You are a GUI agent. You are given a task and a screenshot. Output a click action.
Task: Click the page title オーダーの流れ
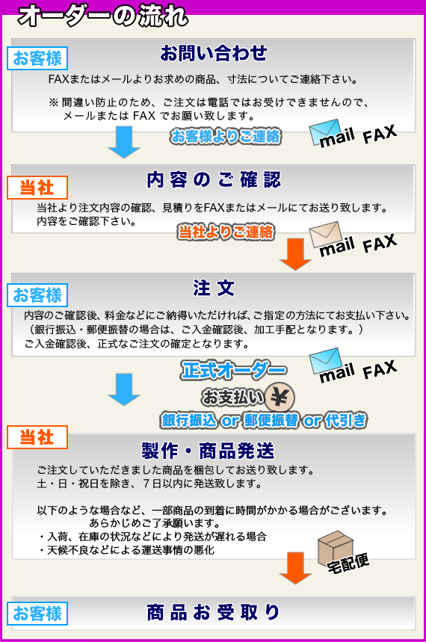tap(102, 16)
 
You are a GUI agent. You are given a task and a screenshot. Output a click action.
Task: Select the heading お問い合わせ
tap(214, 53)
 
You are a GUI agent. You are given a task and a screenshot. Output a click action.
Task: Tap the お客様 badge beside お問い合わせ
tap(37, 58)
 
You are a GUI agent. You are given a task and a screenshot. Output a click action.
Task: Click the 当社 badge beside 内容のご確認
tap(37, 188)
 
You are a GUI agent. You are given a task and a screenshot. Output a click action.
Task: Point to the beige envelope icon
tap(325, 234)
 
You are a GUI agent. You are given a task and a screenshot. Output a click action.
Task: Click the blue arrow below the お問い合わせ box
tap(124, 142)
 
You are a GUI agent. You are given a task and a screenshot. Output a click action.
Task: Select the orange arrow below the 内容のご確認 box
tap(295, 254)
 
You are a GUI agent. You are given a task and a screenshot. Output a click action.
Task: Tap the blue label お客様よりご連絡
tap(226, 136)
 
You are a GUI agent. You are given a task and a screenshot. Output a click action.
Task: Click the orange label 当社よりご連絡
tap(226, 232)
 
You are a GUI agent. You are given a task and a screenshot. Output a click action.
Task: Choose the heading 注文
tap(214, 288)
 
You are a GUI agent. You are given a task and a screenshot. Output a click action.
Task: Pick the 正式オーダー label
tap(234, 370)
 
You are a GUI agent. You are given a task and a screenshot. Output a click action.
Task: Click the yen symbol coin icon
tap(280, 398)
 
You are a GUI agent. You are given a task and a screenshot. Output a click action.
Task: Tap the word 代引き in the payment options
tap(346, 421)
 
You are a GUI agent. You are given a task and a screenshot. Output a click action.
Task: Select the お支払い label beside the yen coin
tap(233, 397)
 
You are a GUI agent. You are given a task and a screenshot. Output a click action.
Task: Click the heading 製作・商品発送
tap(208, 451)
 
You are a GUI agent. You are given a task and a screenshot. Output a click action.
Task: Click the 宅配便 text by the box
tap(348, 564)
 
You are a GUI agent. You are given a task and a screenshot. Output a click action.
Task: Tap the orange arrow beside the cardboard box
tap(295, 568)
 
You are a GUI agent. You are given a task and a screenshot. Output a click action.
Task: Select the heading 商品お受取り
tap(214, 613)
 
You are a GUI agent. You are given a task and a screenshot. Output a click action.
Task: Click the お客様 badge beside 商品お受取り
tap(37, 614)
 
